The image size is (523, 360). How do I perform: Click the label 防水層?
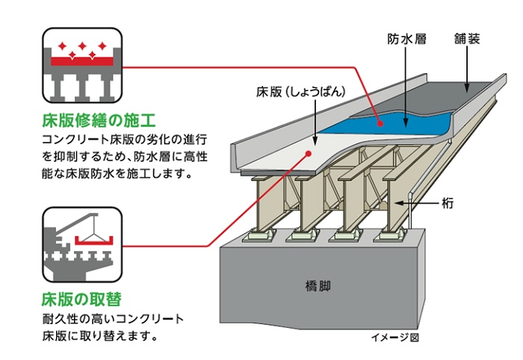click(406, 38)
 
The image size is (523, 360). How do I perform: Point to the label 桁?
click(447, 202)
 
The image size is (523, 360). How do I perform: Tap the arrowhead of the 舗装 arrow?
click(469, 89)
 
